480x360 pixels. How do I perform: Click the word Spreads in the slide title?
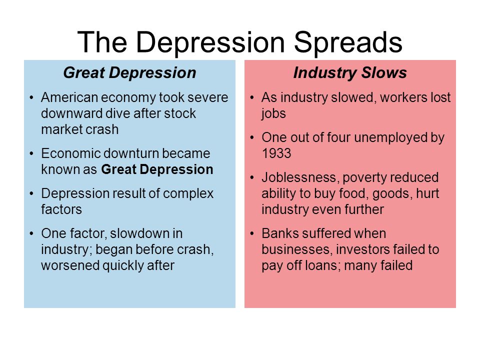click(348, 43)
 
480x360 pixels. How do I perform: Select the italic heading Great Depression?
click(129, 73)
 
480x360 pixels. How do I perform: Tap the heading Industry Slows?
click(350, 73)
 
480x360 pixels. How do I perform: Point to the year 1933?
click(276, 153)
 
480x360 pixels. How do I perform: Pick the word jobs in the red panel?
click(273, 114)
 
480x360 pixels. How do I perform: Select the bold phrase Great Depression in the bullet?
click(157, 169)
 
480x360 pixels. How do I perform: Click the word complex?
click(188, 194)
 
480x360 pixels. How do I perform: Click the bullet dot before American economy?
click(31, 97)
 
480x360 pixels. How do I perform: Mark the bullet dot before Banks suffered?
click(252, 233)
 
